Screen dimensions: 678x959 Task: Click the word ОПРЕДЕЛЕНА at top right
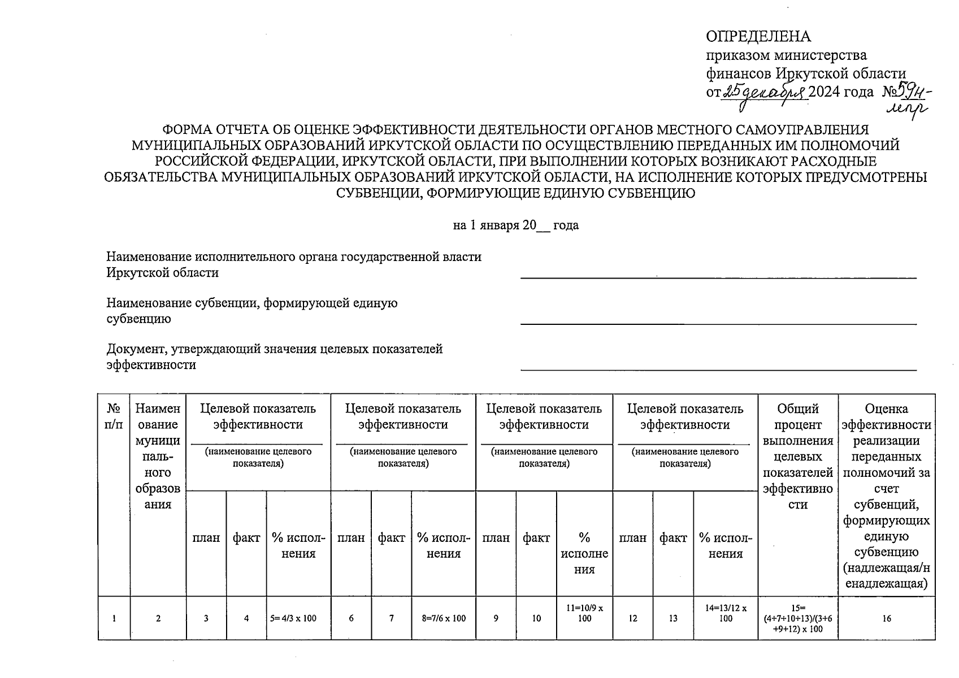(758, 37)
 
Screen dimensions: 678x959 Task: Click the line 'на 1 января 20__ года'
(515, 225)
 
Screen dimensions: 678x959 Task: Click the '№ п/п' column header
(114, 416)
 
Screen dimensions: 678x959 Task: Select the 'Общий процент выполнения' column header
(797, 456)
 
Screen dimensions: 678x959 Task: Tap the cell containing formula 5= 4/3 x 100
(298, 618)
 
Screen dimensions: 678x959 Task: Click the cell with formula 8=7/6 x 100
(444, 618)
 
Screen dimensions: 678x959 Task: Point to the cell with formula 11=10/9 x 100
(584, 613)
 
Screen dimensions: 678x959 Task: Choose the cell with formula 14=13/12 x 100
(726, 613)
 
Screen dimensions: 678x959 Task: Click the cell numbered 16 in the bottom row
(886, 619)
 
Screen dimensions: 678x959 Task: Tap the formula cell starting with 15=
(797, 618)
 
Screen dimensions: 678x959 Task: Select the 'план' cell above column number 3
(206, 538)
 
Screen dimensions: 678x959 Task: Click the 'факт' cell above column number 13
(673, 538)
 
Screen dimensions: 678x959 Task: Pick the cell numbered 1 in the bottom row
(114, 619)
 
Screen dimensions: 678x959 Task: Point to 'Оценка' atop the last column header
(886, 408)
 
